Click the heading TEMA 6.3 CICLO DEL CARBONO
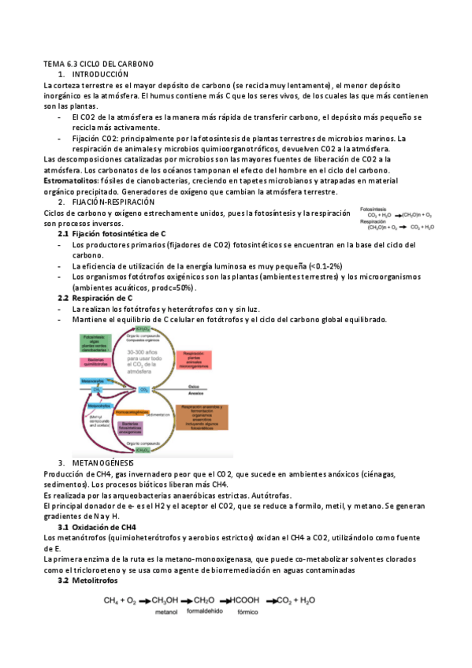coord(98,62)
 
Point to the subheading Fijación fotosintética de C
coord(118,234)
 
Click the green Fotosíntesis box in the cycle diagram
coord(95,343)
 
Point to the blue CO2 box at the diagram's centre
coord(143,389)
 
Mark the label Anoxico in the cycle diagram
coord(193,393)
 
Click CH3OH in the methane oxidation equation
coord(166,601)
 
